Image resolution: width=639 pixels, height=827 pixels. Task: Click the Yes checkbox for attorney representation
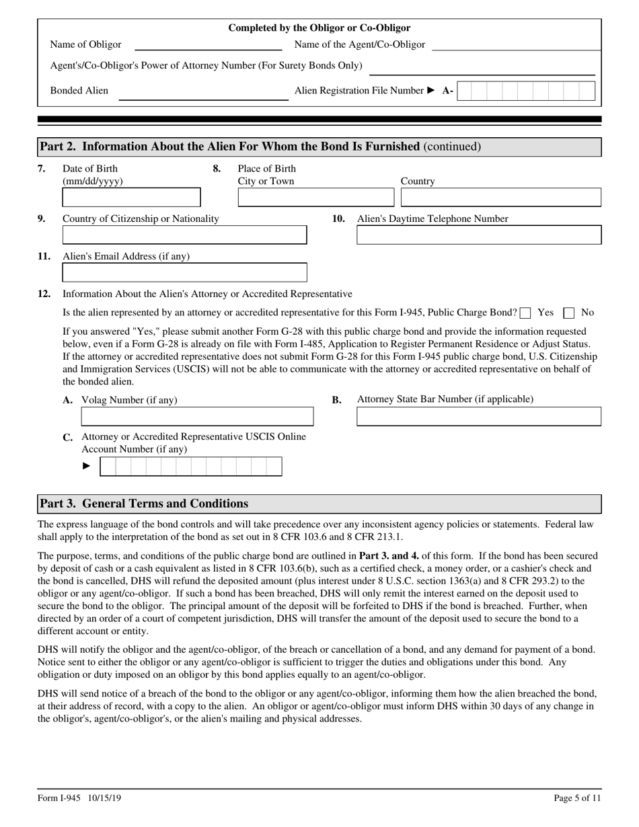coord(526,313)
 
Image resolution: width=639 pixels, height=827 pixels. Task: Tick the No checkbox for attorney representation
coord(569,313)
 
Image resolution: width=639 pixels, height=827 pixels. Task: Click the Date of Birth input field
coord(131,197)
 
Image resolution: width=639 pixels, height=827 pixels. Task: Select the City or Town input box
coord(316,197)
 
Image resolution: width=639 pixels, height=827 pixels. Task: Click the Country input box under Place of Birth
coord(500,197)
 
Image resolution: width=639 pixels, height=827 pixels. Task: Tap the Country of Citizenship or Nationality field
coord(184,235)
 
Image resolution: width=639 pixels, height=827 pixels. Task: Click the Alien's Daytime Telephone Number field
coord(478,235)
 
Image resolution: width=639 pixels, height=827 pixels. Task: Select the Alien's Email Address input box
coord(184,272)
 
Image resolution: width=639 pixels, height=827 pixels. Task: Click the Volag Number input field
coord(197,417)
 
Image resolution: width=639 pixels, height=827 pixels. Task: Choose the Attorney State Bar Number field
coord(478,417)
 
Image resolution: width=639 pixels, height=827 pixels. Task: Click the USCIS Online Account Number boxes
coord(191,467)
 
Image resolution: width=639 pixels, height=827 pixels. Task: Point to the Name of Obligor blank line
coord(209,46)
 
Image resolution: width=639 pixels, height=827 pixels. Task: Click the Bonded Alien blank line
coord(203,95)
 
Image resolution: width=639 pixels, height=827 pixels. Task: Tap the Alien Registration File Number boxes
coord(525,91)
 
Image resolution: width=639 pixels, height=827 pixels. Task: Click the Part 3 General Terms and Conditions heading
coord(144,504)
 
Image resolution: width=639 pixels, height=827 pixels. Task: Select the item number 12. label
coord(44,294)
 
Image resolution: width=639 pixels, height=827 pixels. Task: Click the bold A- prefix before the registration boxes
coord(447,91)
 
